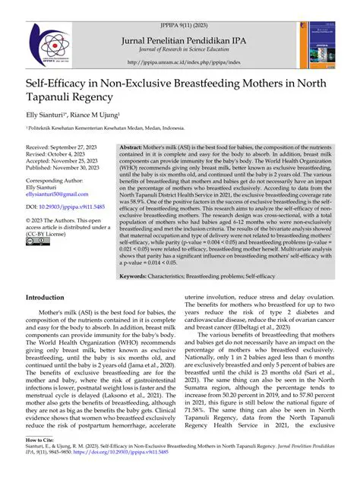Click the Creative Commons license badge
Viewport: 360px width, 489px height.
click(36, 241)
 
